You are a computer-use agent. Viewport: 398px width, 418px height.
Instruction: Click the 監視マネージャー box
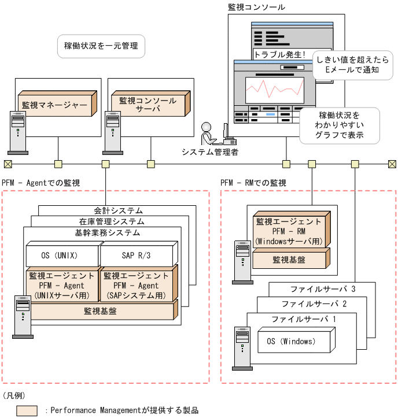(56, 105)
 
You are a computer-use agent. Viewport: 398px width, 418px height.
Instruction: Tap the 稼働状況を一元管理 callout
(101, 46)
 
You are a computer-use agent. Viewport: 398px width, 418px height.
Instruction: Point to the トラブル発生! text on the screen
(280, 55)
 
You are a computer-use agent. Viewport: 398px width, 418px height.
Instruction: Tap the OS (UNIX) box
(60, 255)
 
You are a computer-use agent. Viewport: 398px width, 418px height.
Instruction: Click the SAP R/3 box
(137, 255)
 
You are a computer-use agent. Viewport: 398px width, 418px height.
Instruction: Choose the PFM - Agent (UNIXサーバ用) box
(61, 286)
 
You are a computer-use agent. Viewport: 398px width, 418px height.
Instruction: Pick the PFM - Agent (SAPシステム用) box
(137, 286)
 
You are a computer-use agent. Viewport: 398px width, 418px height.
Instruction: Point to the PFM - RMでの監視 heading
(253, 183)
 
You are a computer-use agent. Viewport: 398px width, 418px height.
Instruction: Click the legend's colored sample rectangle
(27, 410)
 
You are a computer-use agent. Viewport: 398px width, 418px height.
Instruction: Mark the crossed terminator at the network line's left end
(8, 164)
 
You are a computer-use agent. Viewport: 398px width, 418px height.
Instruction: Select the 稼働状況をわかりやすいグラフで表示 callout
(339, 125)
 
